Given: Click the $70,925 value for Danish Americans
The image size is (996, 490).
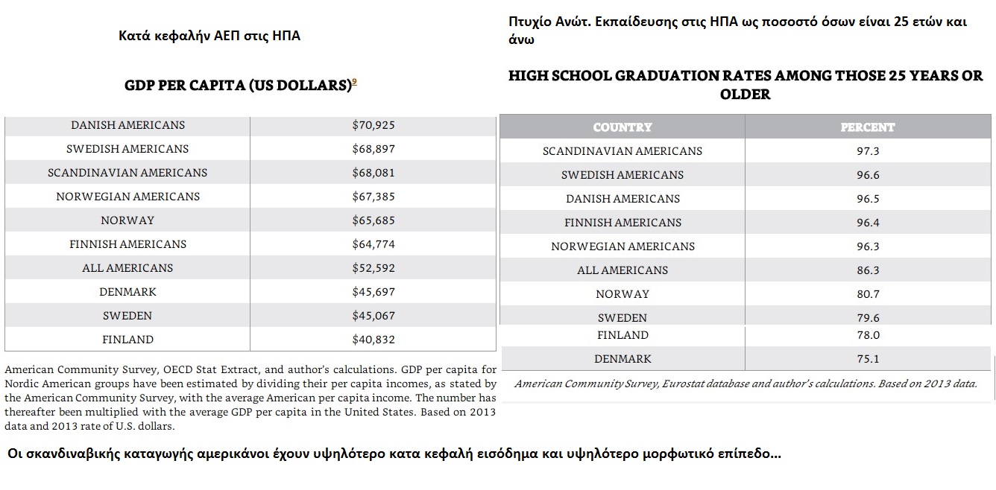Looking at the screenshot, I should pos(373,125).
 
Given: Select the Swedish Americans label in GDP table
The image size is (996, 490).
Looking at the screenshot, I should pos(127,149).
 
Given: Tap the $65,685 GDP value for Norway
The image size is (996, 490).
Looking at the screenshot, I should pos(373,220).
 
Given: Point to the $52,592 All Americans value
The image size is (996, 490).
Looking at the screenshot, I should pos(373,268).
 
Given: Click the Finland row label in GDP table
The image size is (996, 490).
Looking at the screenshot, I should pos(127,340).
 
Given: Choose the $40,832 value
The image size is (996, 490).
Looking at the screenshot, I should pos(373,340).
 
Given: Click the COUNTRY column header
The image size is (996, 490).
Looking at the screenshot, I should pos(622,127).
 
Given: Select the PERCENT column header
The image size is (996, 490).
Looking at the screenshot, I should pos(868,127).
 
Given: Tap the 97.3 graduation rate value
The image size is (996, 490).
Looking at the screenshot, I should pos(868,151).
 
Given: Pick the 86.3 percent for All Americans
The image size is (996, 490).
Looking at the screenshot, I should pos(868,270).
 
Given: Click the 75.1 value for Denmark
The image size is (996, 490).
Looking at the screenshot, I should pos(868,359).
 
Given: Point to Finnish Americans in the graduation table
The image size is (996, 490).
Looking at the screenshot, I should pos(622,223).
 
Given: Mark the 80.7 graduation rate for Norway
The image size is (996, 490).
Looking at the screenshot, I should pos(868,294).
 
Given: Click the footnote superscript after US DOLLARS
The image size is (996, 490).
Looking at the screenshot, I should pos(354,82).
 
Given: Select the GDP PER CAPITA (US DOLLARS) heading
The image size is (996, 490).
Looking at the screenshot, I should pos(237,86).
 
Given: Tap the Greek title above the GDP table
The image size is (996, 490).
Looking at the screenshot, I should pos(209,36).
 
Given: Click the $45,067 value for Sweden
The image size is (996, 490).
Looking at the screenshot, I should pos(373,316).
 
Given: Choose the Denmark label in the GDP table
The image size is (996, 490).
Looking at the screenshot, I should pos(127,292).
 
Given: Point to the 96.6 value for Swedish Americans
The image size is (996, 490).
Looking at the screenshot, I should pos(868,175).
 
